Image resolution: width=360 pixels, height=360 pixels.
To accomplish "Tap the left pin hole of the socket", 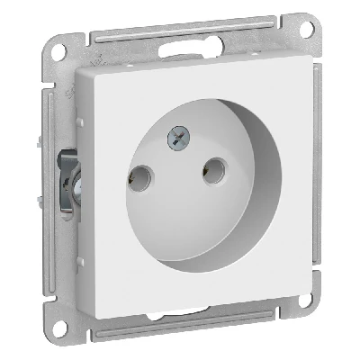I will tap(140, 176).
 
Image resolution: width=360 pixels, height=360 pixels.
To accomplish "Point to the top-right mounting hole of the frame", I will tap(307, 27).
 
